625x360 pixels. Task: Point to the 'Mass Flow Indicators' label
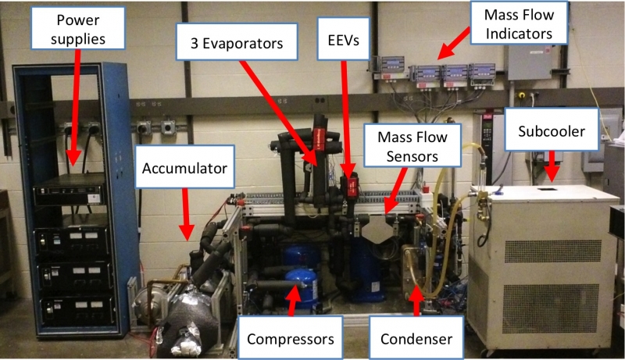point(516,24)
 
